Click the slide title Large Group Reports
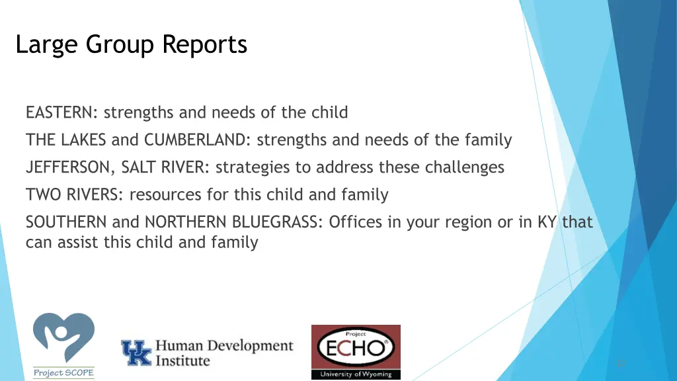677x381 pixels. tap(131, 45)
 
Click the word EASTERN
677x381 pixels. tap(61, 112)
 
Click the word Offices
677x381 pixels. tap(356, 222)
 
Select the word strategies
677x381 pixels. tap(253, 167)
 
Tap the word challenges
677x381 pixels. tap(463, 167)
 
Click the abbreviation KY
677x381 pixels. tap(547, 222)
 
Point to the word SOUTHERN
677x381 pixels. tap(67, 222)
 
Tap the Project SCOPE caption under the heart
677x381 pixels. tap(63, 373)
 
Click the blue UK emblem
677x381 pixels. tap(136, 353)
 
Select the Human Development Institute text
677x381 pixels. tap(223, 353)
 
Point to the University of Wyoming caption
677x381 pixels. tap(356, 374)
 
